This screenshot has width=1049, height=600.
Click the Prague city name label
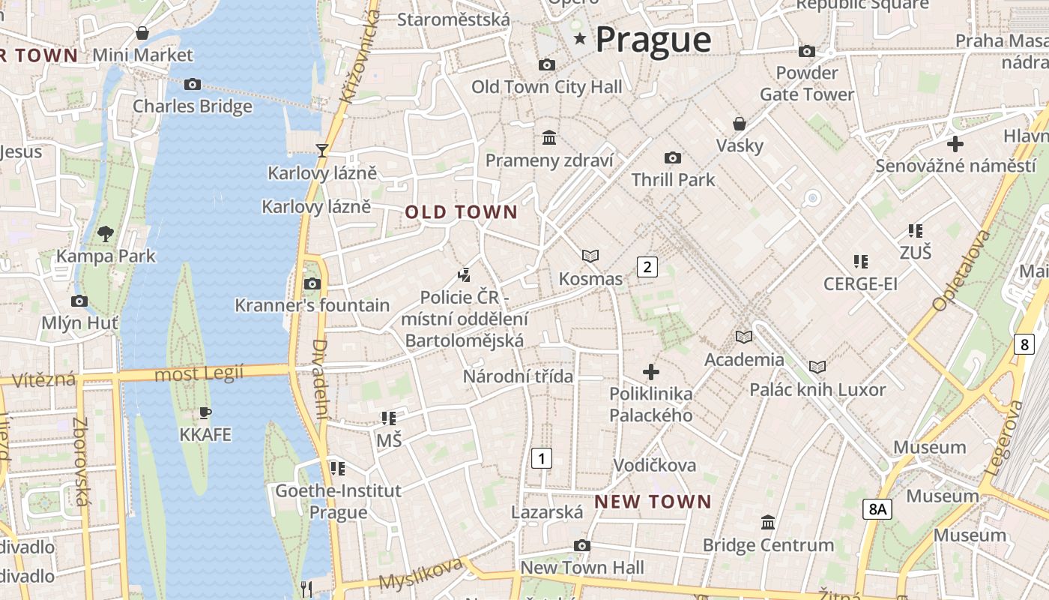pos(653,40)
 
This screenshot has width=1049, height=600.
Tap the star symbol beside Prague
pos(579,38)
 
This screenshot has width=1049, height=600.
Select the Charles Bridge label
pos(193,106)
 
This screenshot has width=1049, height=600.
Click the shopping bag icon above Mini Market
pos(142,33)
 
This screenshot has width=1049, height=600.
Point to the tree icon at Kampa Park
pos(106,233)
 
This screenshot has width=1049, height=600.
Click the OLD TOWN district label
pos(462,212)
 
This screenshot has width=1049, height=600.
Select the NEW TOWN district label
pos(653,502)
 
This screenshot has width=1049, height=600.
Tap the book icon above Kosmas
pos(590,256)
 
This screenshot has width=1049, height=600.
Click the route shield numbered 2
pos(647,266)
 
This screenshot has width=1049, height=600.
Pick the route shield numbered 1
pos(542,458)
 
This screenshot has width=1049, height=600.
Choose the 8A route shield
pos(877,509)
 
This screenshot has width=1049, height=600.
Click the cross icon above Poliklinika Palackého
pos(651,371)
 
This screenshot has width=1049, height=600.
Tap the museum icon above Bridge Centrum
pos(768,522)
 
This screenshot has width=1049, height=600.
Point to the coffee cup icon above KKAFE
pos(205,412)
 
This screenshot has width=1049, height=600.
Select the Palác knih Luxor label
pos(817,390)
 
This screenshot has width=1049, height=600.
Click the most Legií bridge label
pos(199,373)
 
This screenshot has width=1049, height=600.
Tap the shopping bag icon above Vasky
pos(740,124)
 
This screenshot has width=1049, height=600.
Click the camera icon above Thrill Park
pos(673,157)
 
